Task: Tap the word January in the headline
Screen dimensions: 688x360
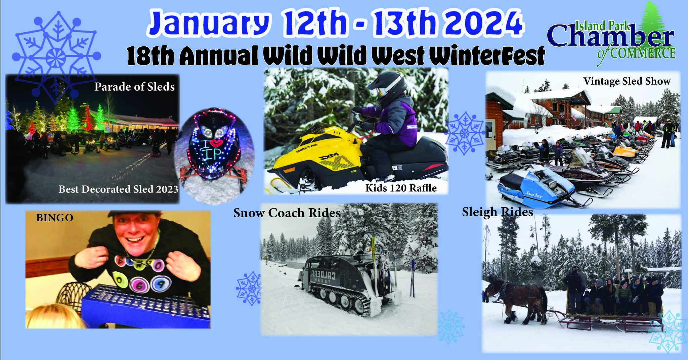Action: point(208,24)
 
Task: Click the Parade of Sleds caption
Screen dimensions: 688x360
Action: point(134,87)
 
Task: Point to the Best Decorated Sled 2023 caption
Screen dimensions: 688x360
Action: point(118,189)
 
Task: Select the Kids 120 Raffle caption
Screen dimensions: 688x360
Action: point(401,188)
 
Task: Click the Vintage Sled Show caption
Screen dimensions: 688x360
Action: point(627,81)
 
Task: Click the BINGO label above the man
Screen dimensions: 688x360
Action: point(54,218)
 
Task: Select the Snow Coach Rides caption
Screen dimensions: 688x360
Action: point(287,213)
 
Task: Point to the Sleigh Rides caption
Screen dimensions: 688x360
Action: point(497,212)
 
